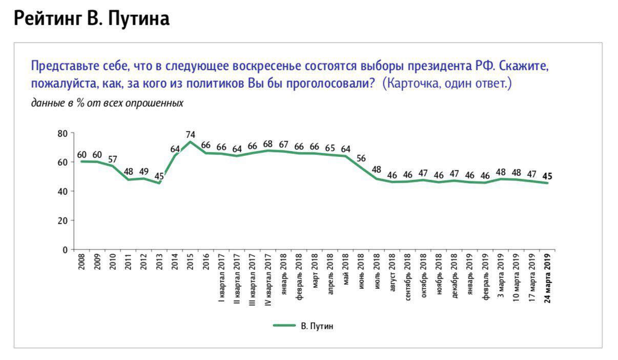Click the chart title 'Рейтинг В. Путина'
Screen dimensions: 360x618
pyautogui.click(x=91, y=18)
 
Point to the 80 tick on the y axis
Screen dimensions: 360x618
pyautogui.click(x=63, y=133)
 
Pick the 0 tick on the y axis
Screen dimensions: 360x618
pyautogui.click(x=65, y=250)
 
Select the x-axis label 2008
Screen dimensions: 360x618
pyautogui.click(x=81, y=262)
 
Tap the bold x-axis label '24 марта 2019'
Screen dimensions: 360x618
pyautogui.click(x=547, y=277)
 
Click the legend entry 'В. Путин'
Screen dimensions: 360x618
pyautogui.click(x=317, y=326)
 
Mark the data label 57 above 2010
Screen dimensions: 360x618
pyautogui.click(x=113, y=159)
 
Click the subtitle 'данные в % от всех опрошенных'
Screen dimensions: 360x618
pyautogui.click(x=107, y=103)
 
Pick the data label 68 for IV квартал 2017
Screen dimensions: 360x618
pyautogui.click(x=268, y=144)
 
